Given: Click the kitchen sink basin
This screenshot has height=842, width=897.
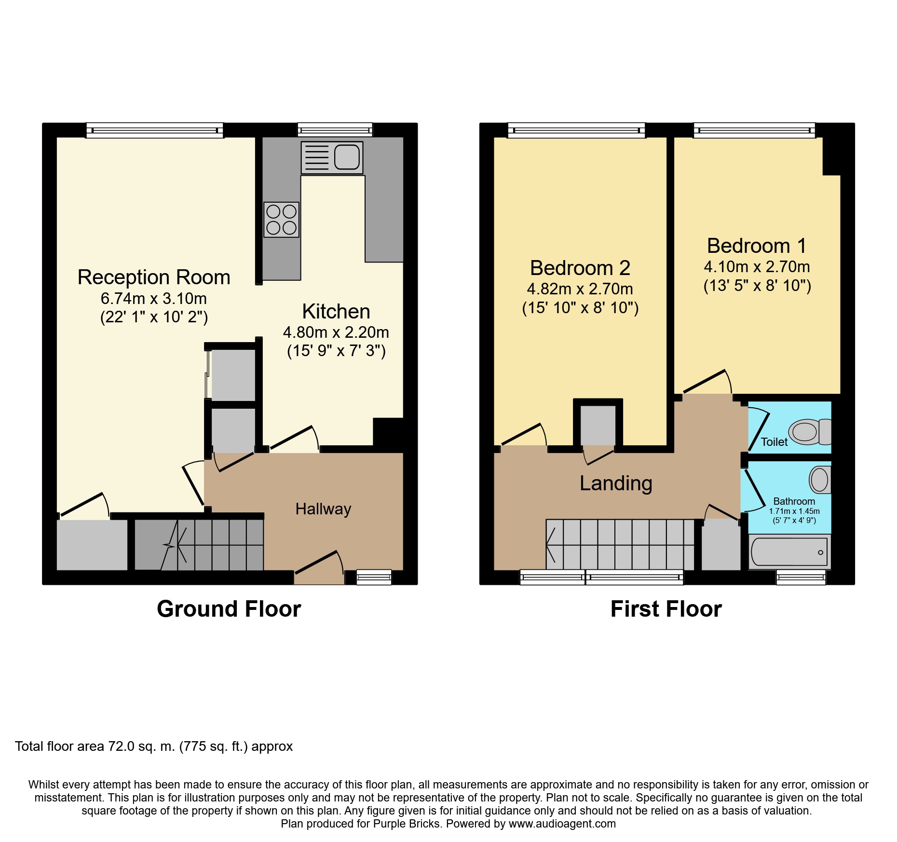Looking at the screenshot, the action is pos(347,157).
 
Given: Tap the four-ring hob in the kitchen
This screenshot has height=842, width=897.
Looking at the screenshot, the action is pos(282,220).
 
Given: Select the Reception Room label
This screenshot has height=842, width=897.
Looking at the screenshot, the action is pos(154,277).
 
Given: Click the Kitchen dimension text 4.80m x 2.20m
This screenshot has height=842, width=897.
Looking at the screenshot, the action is pos(336,332).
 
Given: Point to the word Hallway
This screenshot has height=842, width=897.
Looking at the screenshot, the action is pos(323,509).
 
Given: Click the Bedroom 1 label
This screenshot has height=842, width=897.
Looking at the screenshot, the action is pos(757,246).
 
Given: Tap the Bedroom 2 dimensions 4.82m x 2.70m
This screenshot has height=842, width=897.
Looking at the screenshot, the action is pos(580,289).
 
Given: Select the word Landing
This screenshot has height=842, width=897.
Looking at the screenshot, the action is pos(616,483).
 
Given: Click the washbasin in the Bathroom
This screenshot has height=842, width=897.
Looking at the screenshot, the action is pos(820,480).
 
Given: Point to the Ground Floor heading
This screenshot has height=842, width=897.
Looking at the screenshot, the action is pos(229,609).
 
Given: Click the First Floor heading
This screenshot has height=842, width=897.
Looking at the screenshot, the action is pos(666,609).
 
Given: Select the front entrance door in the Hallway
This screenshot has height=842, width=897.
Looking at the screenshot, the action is pos(319,568).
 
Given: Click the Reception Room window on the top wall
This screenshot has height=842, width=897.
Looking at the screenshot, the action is pos(155,130).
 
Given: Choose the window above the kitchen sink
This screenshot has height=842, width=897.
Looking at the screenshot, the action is pos(335,130).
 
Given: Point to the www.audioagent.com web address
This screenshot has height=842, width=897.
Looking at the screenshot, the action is pos(562,824).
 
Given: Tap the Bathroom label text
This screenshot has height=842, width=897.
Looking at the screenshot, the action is pos(794,501).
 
